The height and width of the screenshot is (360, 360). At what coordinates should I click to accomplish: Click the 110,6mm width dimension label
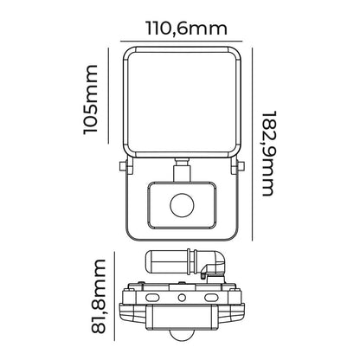187,29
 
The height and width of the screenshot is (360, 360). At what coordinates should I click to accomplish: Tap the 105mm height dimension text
91,100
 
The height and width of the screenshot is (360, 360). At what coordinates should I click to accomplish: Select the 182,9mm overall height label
267,153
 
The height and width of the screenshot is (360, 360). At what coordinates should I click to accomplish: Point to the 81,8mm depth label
98,297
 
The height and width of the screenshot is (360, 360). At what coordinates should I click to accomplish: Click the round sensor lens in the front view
182,205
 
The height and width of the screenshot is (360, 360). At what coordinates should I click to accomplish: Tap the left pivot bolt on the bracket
123,166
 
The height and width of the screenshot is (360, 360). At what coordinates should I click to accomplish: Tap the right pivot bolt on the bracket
241,166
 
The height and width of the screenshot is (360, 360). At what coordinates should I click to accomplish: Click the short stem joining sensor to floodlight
182,170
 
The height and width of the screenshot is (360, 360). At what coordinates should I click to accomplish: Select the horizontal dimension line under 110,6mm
181,42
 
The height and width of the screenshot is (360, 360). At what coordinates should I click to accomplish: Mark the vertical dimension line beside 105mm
108,95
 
